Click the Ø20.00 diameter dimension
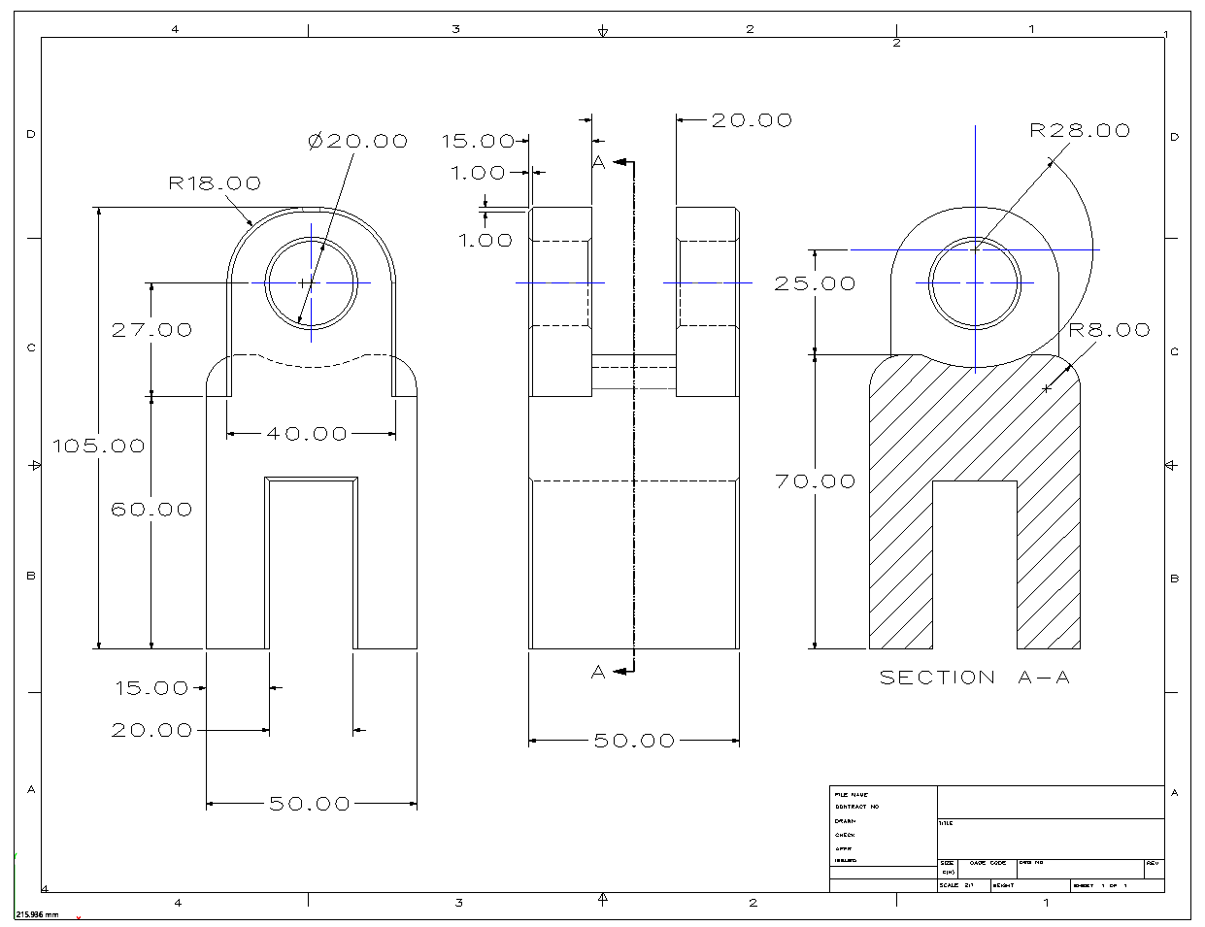[357, 141]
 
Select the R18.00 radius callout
[215, 182]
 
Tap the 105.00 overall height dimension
[98, 446]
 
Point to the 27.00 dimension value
[151, 330]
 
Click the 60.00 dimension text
[151, 509]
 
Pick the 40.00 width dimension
[307, 434]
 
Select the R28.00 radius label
[1080, 130]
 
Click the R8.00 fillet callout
[1109, 330]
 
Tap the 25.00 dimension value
[815, 283]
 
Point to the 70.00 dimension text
[815, 481]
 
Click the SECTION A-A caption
[974, 678]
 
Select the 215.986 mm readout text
[37, 914]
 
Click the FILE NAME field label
[852, 795]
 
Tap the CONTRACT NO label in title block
[857, 807]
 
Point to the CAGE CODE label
[987, 862]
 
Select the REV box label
[1153, 862]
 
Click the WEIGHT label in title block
[1004, 885]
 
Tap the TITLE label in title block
[946, 823]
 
